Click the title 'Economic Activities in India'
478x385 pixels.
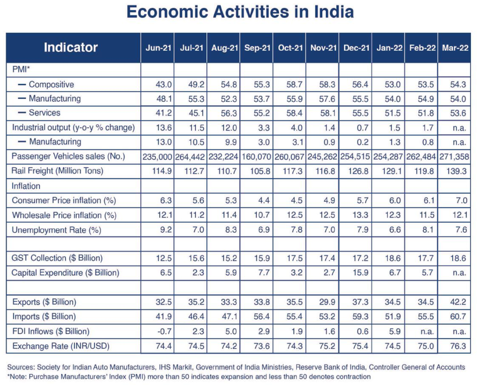240,12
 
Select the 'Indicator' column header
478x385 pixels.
71,48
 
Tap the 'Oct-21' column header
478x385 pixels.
290,48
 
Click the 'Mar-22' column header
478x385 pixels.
455,48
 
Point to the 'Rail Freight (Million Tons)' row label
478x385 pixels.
57,171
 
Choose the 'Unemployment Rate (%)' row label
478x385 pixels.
56,230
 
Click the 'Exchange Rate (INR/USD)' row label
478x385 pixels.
61,346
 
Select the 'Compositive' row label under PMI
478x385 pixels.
51,85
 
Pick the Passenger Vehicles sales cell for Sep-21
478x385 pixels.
256,157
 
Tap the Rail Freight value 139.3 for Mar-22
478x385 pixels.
457,171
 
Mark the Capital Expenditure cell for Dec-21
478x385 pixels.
361,272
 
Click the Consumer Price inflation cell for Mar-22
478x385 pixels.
462,200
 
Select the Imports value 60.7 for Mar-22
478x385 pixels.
458,316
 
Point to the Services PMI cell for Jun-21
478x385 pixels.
164,113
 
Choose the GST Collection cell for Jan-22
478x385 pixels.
393,258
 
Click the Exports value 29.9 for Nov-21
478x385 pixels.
327,302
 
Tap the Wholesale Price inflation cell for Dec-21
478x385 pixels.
360,215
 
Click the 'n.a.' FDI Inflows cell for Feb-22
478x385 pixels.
427,332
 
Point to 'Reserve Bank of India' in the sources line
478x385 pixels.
331,367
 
